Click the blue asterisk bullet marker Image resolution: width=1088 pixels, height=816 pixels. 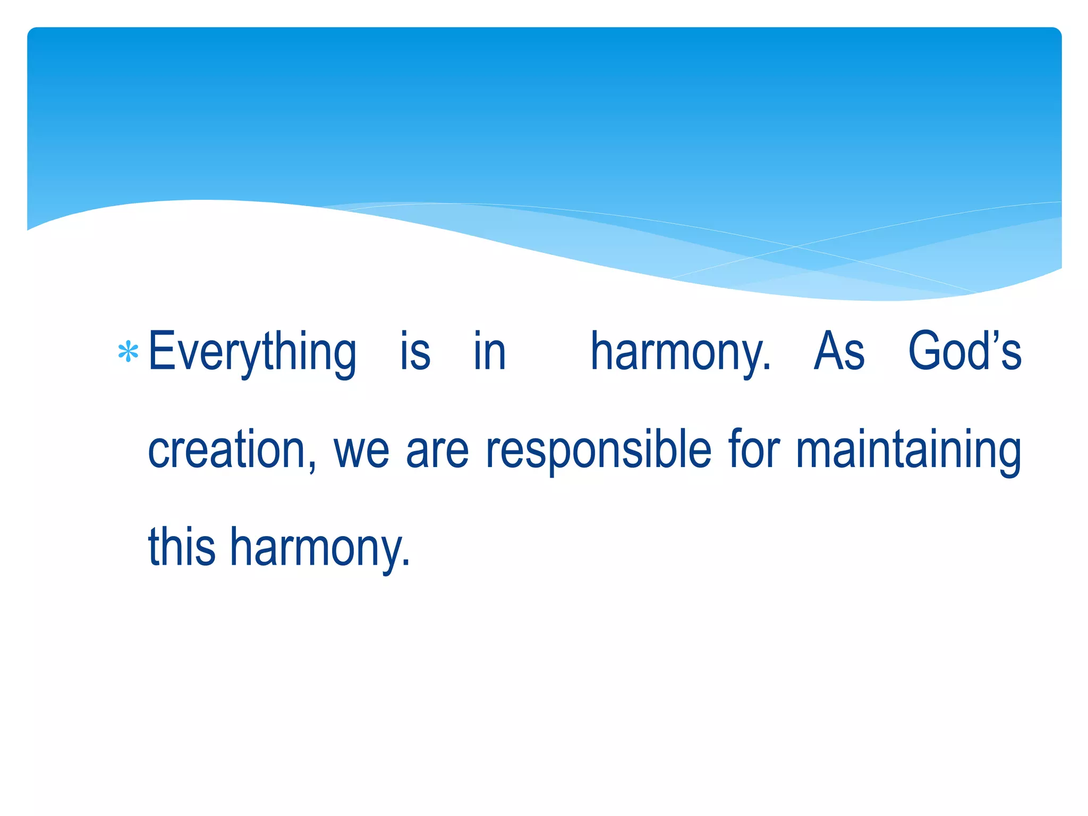point(128,352)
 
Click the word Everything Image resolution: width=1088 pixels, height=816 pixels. point(252,352)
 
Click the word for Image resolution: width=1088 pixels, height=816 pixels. point(754,449)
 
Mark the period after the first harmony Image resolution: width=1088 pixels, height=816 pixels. point(766,367)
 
